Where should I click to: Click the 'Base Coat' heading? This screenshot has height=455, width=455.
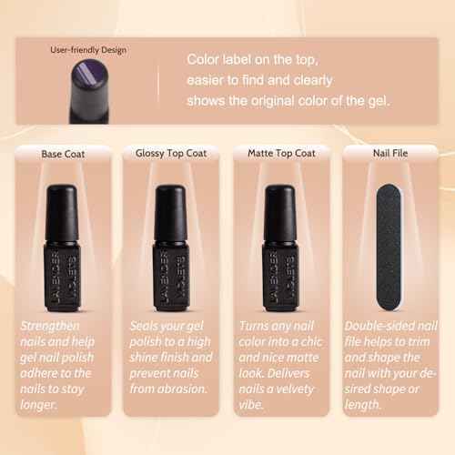coord(62,154)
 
